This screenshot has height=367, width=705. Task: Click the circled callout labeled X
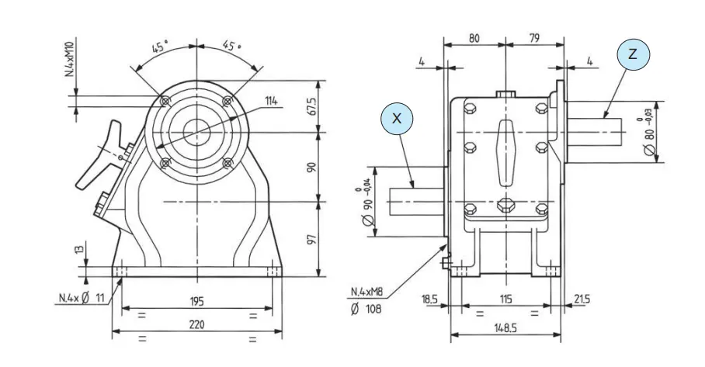tap(397, 119)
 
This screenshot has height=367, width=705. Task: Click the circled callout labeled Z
tap(633, 54)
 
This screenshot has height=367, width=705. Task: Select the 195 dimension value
tap(196, 301)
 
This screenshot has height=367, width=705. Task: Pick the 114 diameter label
tap(270, 101)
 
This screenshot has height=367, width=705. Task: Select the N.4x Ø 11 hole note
tap(81, 297)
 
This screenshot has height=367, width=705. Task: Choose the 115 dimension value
tap(505, 299)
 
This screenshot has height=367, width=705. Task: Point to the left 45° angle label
tap(159, 47)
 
